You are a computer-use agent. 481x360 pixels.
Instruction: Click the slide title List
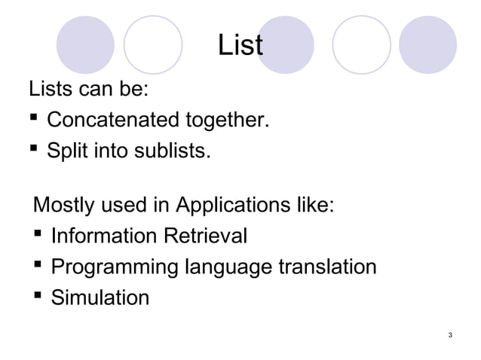(240, 45)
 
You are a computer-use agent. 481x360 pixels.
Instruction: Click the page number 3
(449, 334)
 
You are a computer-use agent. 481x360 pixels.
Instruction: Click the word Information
(101, 236)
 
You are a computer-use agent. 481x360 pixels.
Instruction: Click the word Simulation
(100, 298)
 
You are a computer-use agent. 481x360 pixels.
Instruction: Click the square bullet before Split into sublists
(34, 151)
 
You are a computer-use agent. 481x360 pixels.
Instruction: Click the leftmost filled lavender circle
(90, 44)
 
